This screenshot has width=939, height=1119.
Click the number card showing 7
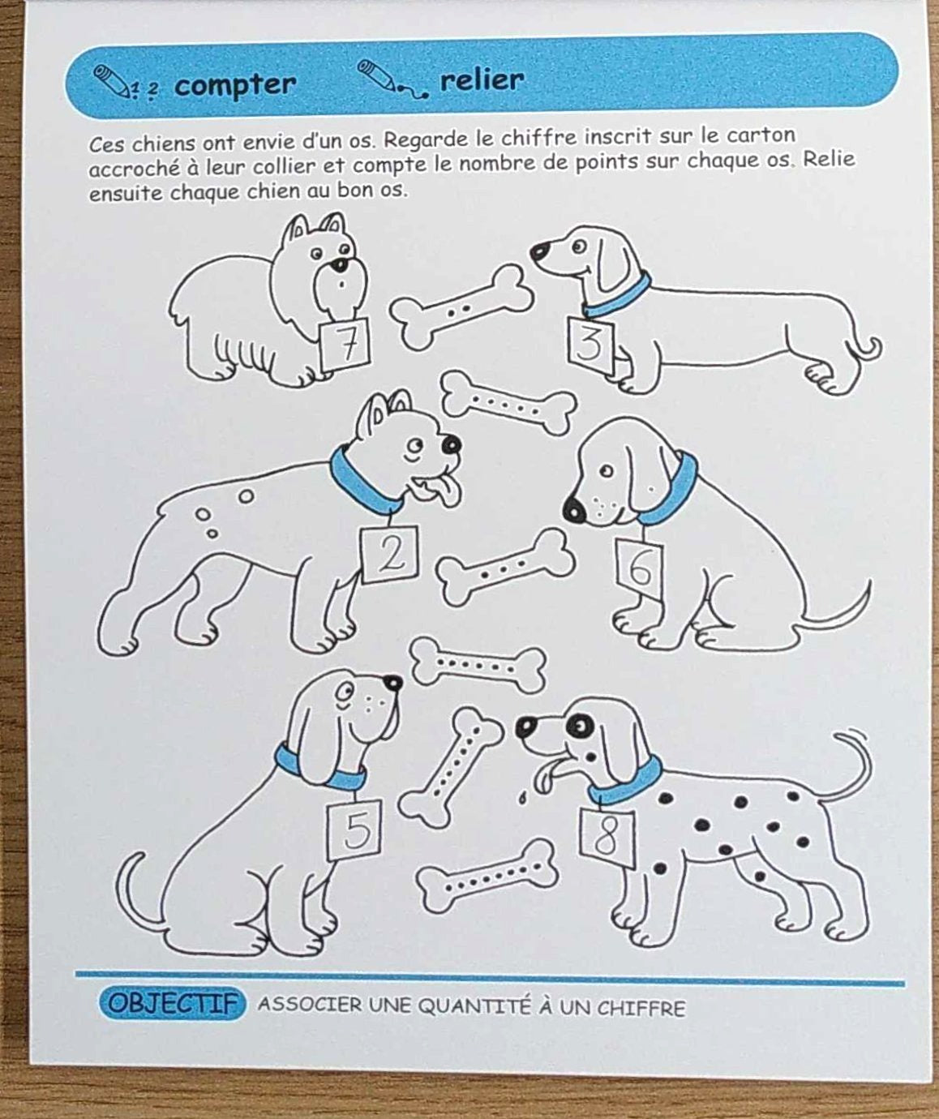tap(344, 344)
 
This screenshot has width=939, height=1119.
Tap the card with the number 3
tap(591, 345)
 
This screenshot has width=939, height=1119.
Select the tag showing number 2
tap(389, 554)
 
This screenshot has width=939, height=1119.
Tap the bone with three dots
tap(506, 568)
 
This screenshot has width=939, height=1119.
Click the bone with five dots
tap(508, 402)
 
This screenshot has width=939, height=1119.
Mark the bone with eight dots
tap(487, 877)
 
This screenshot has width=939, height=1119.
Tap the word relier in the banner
tap(482, 80)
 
